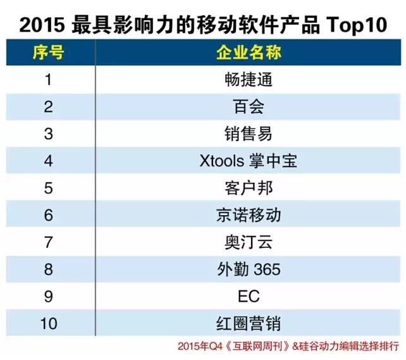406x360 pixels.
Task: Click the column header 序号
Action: click(48, 53)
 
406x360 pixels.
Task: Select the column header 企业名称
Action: click(248, 53)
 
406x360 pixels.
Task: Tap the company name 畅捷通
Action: click(248, 80)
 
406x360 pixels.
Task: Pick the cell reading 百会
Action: click(248, 106)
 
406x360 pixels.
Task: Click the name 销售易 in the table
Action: click(248, 133)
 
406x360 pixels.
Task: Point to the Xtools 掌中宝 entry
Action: click(248, 161)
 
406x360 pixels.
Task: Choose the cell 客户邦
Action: click(248, 188)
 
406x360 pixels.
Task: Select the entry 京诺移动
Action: click(248, 215)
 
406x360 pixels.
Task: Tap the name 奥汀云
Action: click(248, 242)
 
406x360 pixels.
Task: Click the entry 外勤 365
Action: click(248, 270)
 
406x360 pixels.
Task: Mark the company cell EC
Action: click(248, 297)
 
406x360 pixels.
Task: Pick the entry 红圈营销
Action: click(248, 324)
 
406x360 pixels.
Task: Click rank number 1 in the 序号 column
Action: click(48, 80)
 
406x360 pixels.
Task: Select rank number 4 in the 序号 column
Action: click(48, 161)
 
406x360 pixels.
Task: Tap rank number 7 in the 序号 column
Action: click(48, 242)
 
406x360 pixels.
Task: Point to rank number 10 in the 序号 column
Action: click(48, 324)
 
